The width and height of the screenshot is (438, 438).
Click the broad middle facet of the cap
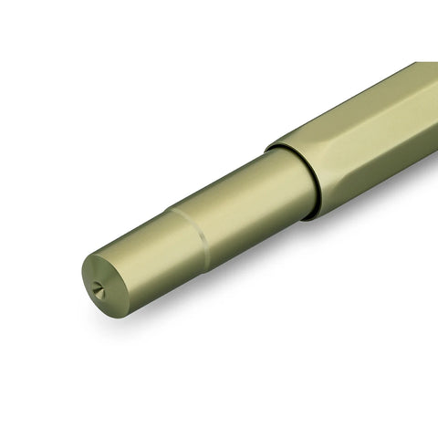point(365,128)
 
